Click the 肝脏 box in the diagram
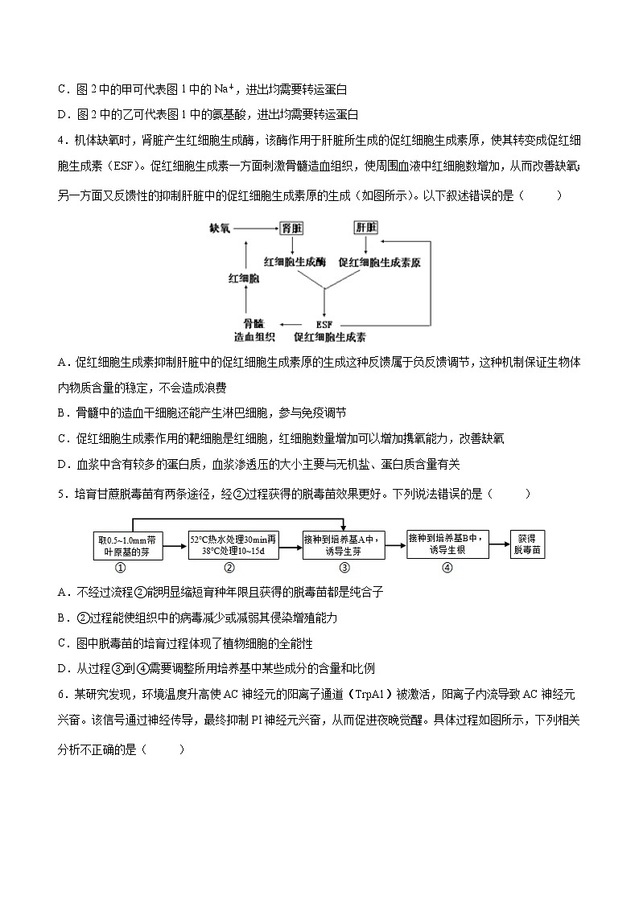point(366,228)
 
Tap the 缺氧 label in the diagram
point(220,228)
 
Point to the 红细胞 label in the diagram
point(243,278)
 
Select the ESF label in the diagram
point(324,325)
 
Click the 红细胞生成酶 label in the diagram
point(295,262)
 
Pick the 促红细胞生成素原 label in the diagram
point(381,262)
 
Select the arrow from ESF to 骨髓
point(286,325)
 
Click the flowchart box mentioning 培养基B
point(447,545)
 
